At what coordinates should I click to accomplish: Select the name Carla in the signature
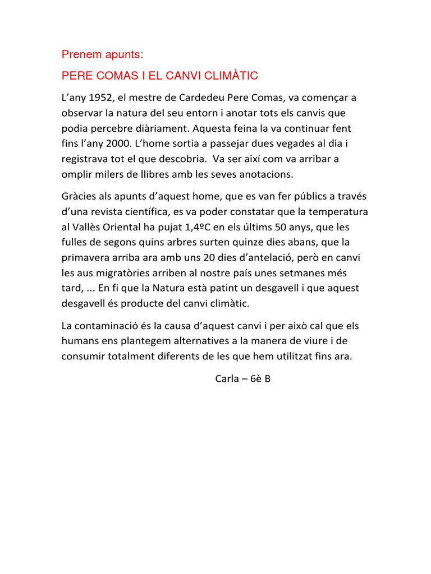click(x=228, y=378)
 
